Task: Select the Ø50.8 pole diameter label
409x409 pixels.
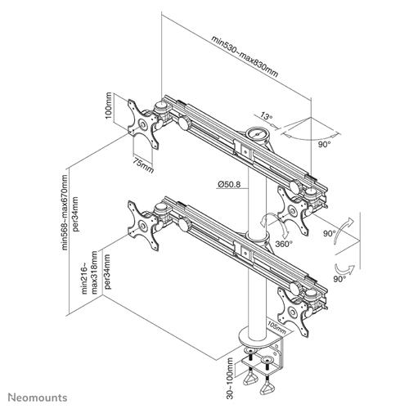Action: (228, 185)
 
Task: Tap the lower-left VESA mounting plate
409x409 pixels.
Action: (140, 228)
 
